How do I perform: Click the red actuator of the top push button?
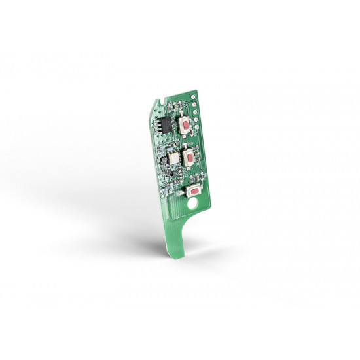pos(187,124)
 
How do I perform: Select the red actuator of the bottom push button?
pos(193,190)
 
